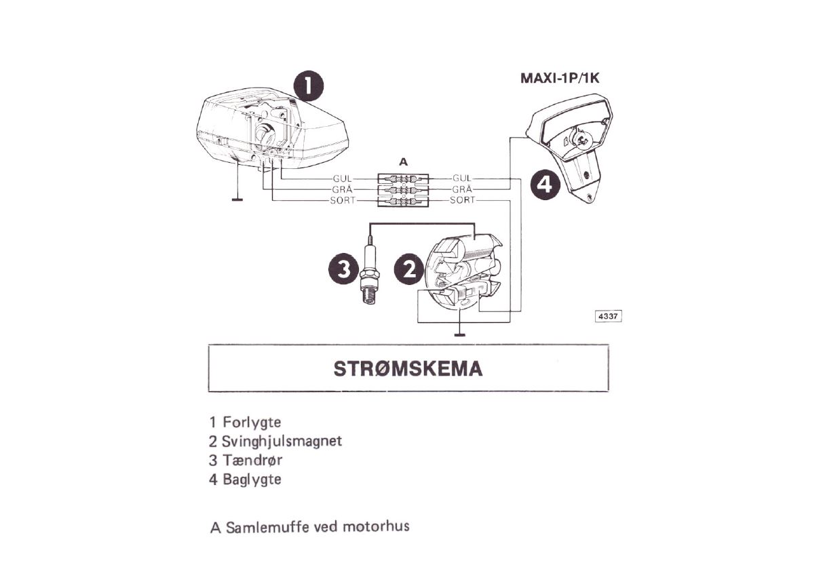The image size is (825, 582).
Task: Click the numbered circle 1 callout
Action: pos(309,85)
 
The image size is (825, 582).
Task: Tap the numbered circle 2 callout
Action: pos(409,270)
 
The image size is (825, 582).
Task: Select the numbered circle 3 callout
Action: pos(343,269)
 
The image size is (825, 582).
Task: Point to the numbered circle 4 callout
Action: pos(545,184)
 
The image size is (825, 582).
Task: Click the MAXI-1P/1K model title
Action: pos(560,78)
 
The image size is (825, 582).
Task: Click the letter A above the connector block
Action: pos(404,162)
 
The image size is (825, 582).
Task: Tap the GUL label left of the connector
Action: pos(342,179)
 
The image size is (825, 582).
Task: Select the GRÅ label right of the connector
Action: pos(461,189)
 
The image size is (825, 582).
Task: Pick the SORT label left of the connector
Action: pos(343,201)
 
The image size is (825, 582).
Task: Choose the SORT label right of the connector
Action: pos(463,200)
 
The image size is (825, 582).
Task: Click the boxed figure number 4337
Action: pos(608,316)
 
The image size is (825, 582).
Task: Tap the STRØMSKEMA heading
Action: pos(408,369)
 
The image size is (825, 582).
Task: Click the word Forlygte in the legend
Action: pos(252,422)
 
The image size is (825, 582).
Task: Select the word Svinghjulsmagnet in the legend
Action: pos(282,441)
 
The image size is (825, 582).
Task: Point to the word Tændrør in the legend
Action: pos(252,460)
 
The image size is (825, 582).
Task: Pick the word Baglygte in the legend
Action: pos(252,480)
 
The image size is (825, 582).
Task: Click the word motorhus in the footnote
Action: pos(376,527)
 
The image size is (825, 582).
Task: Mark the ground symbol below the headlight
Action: pos(237,199)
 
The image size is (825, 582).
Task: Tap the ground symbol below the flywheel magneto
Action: pos(460,334)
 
